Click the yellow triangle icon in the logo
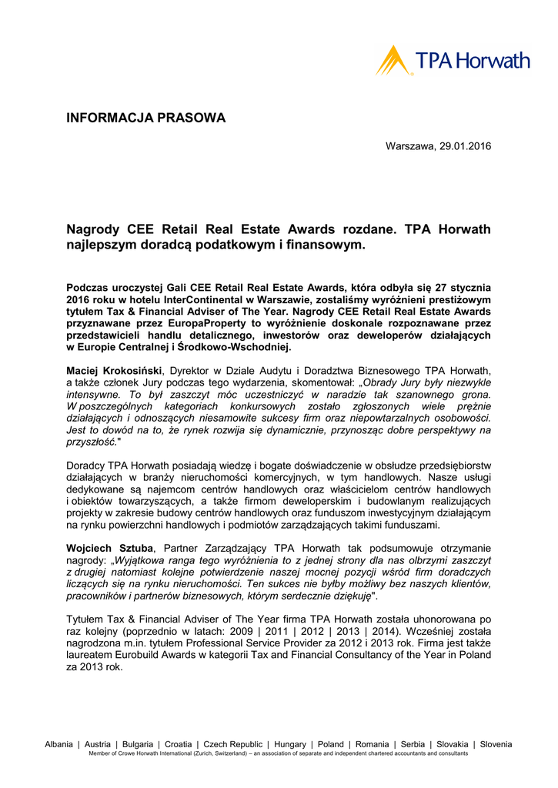click(393, 60)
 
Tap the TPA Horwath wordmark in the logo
click(473, 61)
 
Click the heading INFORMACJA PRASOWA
click(146, 119)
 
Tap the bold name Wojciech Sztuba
click(110, 548)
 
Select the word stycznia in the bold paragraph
click(470, 287)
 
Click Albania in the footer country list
click(59, 745)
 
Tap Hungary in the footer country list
click(290, 745)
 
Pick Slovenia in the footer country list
click(496, 745)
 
